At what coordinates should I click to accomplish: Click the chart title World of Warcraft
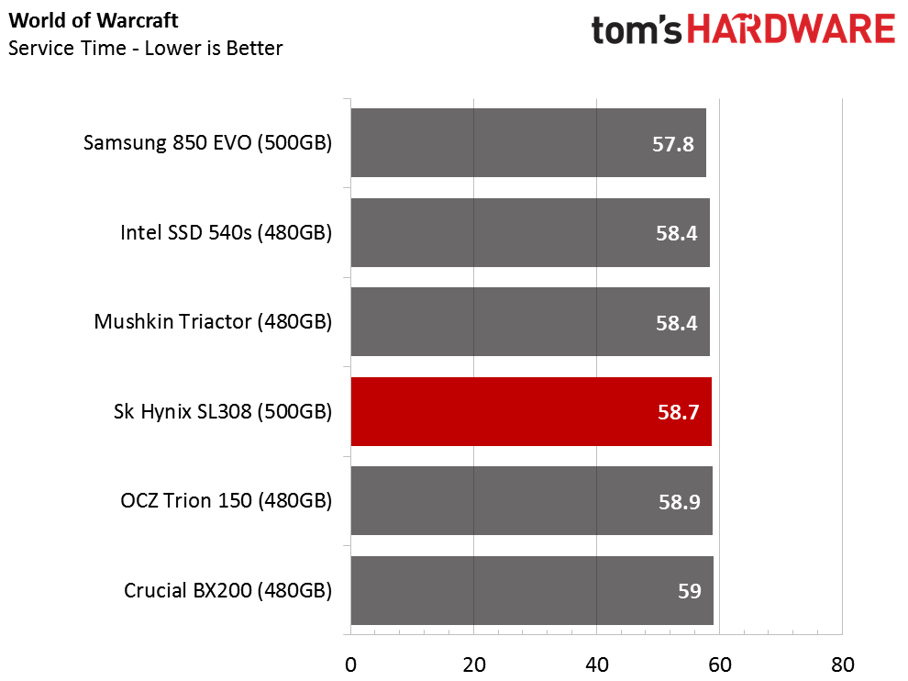93,19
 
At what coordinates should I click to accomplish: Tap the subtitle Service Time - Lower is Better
145,48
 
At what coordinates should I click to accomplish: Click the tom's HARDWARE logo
743,31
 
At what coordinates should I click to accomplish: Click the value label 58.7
679,413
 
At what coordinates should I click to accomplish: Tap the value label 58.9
679,502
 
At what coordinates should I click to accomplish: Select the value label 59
689,591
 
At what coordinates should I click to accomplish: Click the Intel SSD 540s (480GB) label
226,232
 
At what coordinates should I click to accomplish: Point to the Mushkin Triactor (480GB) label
213,322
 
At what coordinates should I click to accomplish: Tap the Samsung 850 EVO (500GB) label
207,143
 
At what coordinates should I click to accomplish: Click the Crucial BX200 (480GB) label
227,590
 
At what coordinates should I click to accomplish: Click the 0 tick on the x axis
350,664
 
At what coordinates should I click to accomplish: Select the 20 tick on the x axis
473,664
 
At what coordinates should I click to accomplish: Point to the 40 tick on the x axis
596,664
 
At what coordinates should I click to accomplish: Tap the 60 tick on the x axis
719,664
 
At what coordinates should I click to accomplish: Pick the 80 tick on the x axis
842,664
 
